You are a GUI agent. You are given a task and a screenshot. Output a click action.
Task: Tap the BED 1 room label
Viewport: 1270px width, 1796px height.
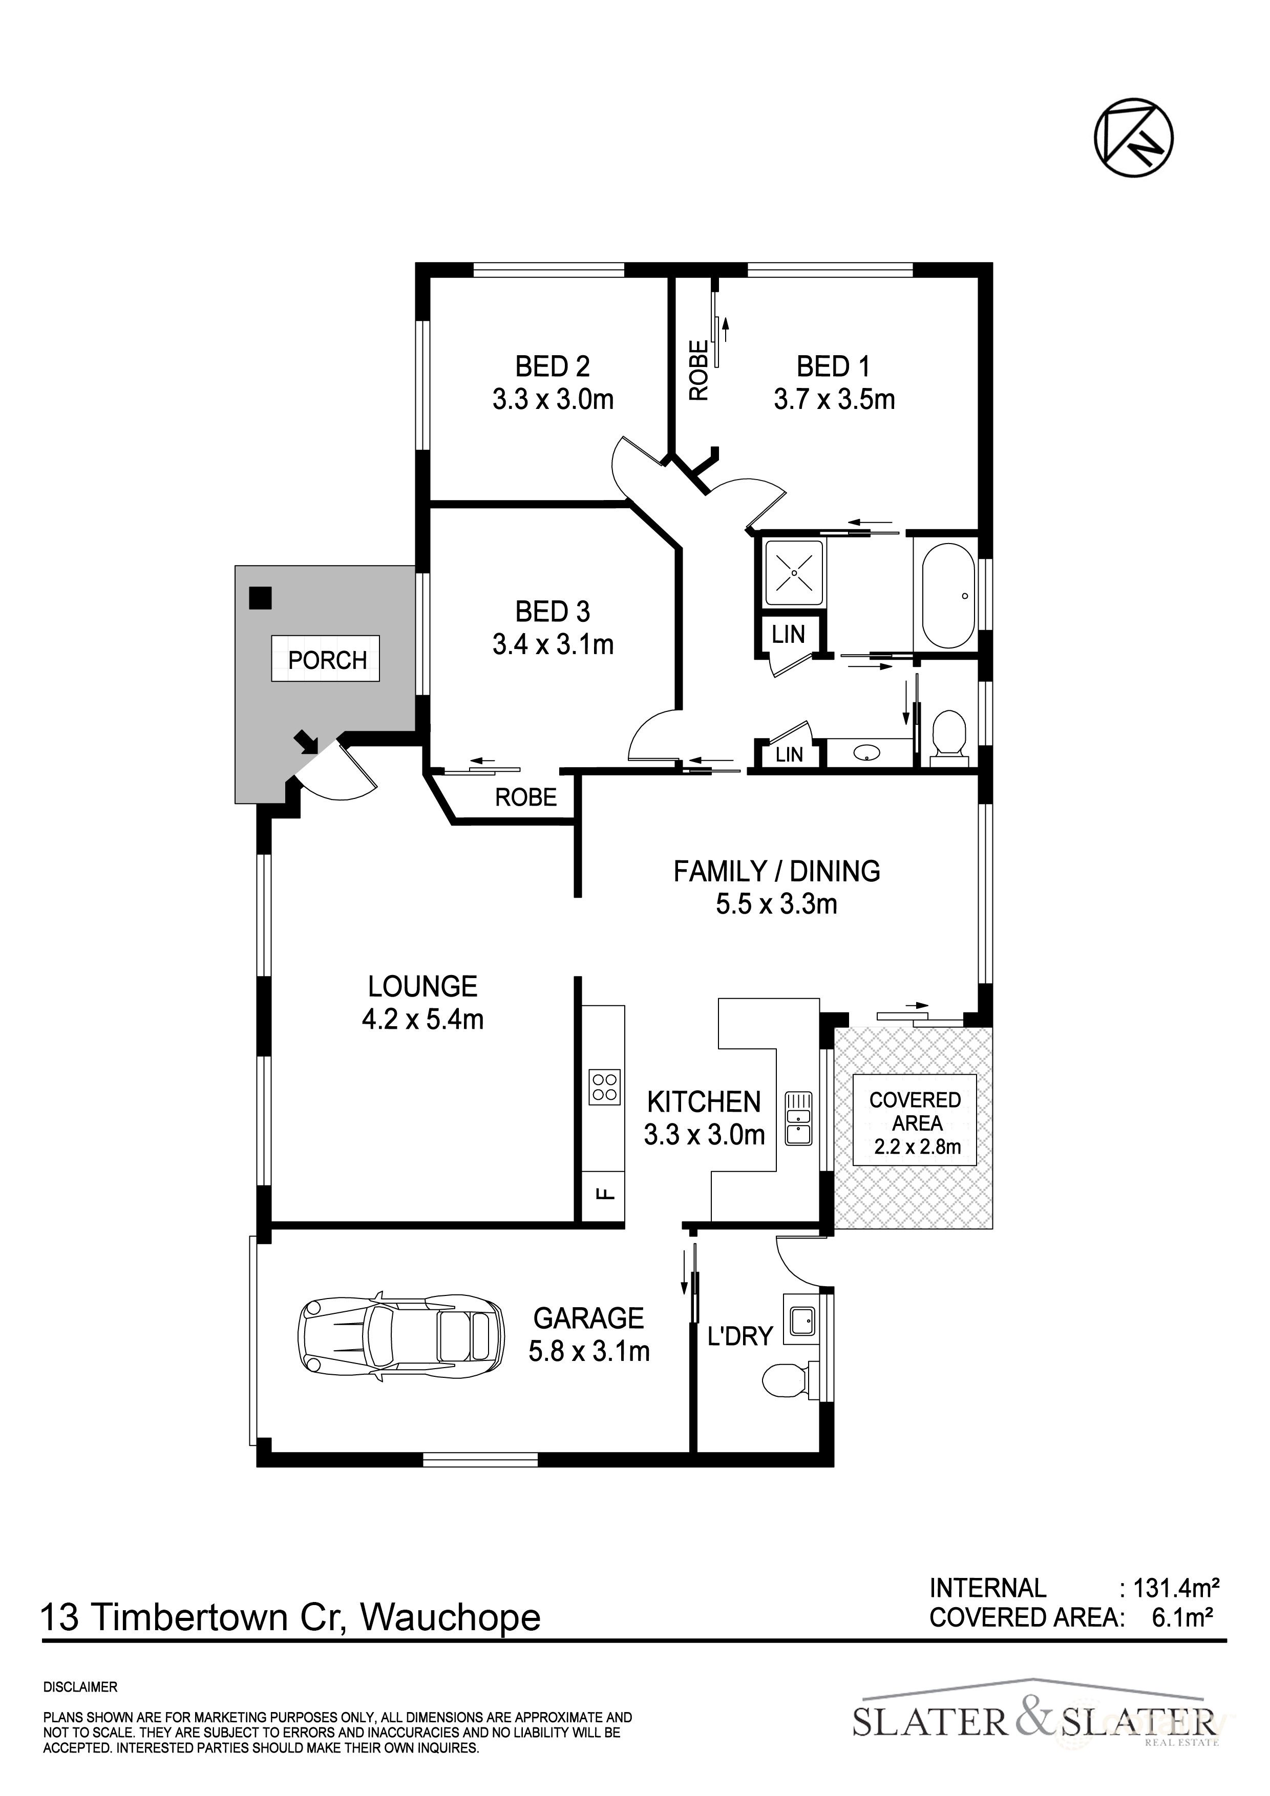833,366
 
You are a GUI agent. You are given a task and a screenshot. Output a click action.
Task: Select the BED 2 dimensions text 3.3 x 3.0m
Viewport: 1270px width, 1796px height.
553,400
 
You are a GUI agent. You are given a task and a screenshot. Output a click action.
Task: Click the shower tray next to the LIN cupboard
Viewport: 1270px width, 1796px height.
794,573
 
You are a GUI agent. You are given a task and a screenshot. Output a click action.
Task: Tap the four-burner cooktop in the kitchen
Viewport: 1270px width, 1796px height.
605,1087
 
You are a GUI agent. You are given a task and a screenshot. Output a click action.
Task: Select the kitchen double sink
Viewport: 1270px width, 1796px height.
799,1118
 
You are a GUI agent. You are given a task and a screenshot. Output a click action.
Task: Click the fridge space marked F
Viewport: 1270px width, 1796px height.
603,1195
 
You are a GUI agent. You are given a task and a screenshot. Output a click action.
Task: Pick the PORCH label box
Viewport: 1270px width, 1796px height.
326,659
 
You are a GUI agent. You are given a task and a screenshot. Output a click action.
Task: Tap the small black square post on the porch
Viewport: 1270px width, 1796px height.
260,598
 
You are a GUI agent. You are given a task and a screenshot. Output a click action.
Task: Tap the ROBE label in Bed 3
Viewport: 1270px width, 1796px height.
526,797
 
